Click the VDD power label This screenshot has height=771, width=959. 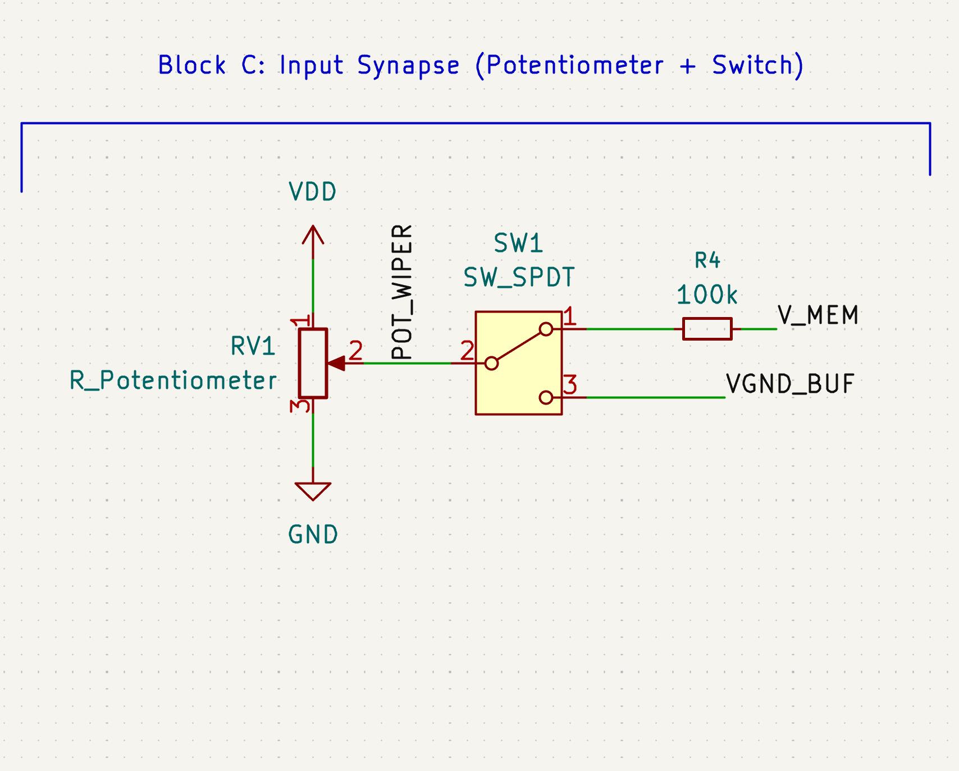click(313, 192)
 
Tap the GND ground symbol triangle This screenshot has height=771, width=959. click(313, 491)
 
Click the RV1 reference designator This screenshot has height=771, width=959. click(253, 347)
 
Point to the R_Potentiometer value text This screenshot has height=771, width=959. click(173, 381)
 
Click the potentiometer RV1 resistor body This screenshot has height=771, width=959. click(313, 363)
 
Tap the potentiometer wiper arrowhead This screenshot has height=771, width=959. click(336, 364)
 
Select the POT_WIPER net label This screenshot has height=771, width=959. click(402, 292)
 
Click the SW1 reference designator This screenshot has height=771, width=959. click(518, 244)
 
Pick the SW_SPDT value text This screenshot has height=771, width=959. click(519, 277)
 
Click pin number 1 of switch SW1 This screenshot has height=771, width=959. click(569, 317)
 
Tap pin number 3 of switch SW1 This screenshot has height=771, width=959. click(570, 385)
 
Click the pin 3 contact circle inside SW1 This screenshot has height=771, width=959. click(546, 398)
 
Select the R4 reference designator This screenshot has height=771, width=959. click(707, 260)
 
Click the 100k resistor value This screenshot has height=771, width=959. click(707, 295)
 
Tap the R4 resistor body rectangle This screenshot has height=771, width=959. click(707, 329)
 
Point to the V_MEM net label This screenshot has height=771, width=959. click(818, 315)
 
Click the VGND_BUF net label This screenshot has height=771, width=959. click(790, 384)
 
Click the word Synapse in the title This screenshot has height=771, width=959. click(408, 66)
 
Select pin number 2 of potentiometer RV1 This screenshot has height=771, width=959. click(355, 351)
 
